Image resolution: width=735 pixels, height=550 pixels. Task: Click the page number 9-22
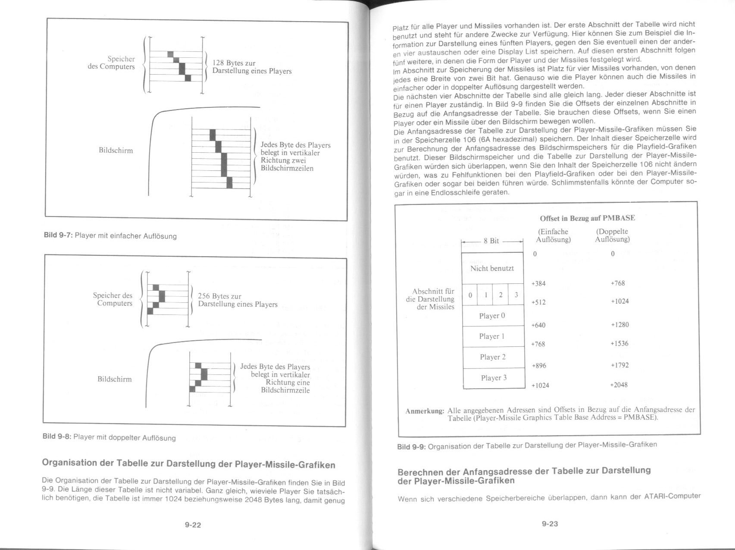pos(193,525)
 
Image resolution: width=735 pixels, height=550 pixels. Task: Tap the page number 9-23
pos(550,524)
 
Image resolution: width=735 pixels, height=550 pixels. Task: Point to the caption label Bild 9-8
pos(56,436)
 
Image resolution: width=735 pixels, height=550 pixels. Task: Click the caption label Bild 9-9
pos(411,446)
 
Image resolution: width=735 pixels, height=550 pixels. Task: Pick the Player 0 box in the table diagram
pos(492,316)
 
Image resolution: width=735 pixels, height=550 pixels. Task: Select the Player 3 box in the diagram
pos(494,378)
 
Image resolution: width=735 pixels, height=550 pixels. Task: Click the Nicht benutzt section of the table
pos(492,268)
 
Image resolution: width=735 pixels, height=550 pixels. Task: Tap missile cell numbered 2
pos(500,295)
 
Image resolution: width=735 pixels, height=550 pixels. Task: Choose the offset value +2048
pos(619,384)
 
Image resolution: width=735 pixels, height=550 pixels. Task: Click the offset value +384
pos(538,283)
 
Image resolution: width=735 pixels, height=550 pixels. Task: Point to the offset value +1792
pos(619,365)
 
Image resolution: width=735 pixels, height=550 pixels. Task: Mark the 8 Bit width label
pos(491,241)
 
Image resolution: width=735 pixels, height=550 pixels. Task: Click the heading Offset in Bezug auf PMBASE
pos(587,218)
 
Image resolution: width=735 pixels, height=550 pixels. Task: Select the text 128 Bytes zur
pos(234,63)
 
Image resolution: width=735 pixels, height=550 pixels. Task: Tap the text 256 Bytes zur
pos(219,296)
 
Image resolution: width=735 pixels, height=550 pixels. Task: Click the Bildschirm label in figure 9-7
pos(116,151)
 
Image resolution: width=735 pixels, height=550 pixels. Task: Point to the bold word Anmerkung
pos(425,411)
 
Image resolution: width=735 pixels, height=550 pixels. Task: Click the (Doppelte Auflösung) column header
pos(612,235)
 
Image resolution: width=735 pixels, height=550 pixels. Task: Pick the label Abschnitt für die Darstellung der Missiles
pos(430,299)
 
